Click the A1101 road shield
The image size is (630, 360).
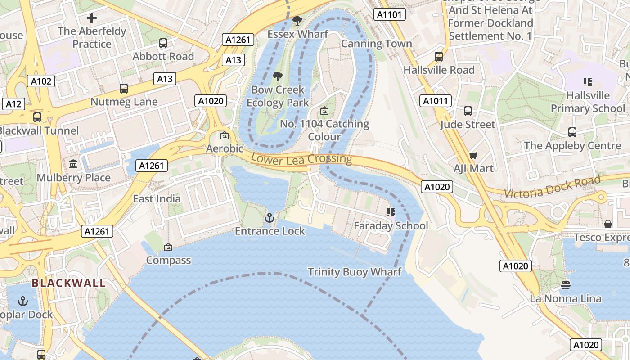pyautogui.click(x=389, y=15)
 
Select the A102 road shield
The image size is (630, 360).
pyautogui.click(x=41, y=81)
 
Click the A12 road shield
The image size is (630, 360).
pyautogui.click(x=13, y=104)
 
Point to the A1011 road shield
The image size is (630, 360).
pyautogui.click(x=436, y=101)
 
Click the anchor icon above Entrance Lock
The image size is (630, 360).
pyautogui.click(x=269, y=218)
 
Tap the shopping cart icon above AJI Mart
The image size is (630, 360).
pyautogui.click(x=473, y=155)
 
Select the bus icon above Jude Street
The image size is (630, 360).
pyautogui.click(x=468, y=111)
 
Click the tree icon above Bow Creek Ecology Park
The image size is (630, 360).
pyautogui.click(x=278, y=76)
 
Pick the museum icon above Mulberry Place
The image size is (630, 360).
pyautogui.click(x=73, y=164)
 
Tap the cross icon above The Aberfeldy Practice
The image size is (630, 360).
pyautogui.click(x=92, y=18)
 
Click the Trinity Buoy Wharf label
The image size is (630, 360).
pyautogui.click(x=355, y=272)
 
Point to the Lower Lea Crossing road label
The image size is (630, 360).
pyautogui.click(x=301, y=158)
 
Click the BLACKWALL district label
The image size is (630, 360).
pyautogui.click(x=69, y=283)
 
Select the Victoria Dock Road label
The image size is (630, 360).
pyautogui.click(x=552, y=187)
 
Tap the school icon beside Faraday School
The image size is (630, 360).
pyautogui.click(x=391, y=212)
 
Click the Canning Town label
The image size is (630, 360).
pyautogui.click(x=376, y=44)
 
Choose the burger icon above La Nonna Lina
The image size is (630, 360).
pyautogui.click(x=565, y=285)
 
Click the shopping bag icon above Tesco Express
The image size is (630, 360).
pyautogui.click(x=608, y=224)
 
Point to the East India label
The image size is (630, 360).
pyautogui.click(x=157, y=198)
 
